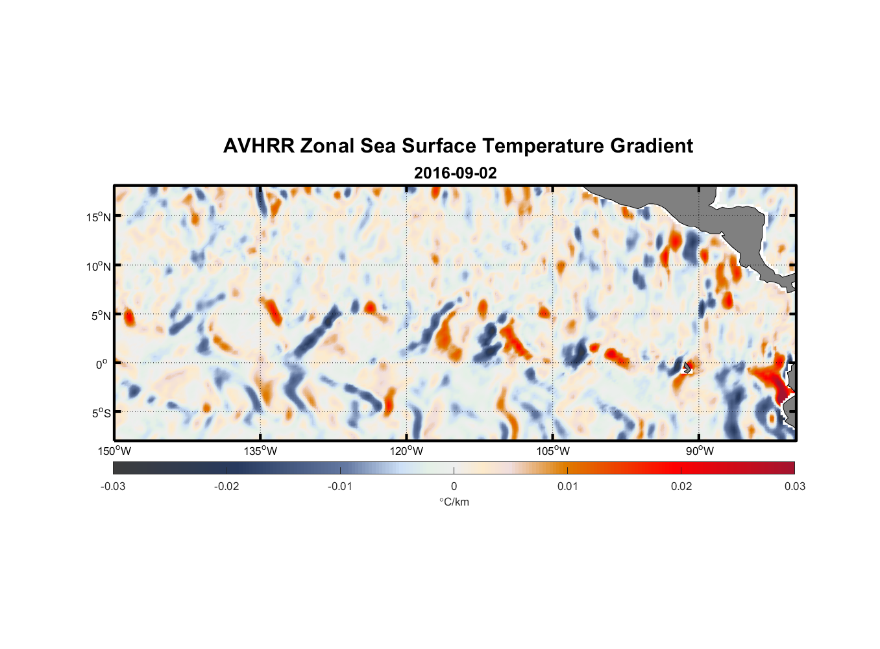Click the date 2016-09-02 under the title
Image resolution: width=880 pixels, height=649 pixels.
pos(455,173)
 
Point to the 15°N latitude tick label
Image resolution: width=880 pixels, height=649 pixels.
pos(99,217)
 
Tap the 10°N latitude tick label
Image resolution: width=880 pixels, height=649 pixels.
pos(99,266)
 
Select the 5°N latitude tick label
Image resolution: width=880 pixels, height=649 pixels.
pos(101,315)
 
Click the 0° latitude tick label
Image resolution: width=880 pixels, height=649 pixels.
pos(102,364)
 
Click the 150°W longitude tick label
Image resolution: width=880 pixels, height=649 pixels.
pos(115,451)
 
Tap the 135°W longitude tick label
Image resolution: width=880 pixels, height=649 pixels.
pos(261,451)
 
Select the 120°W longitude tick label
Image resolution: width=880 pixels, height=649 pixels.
pos(407,451)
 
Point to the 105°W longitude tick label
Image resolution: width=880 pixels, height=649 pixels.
pos(553,451)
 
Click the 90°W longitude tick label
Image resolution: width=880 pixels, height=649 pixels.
pos(700,451)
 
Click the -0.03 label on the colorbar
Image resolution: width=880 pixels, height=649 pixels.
pos(113,486)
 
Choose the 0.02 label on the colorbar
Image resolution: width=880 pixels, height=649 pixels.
pos(681,486)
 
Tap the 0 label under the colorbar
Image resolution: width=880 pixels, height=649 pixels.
pos(454,486)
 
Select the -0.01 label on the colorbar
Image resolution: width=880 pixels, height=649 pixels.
pos(339,486)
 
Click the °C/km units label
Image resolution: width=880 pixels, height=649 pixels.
pos(454,502)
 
